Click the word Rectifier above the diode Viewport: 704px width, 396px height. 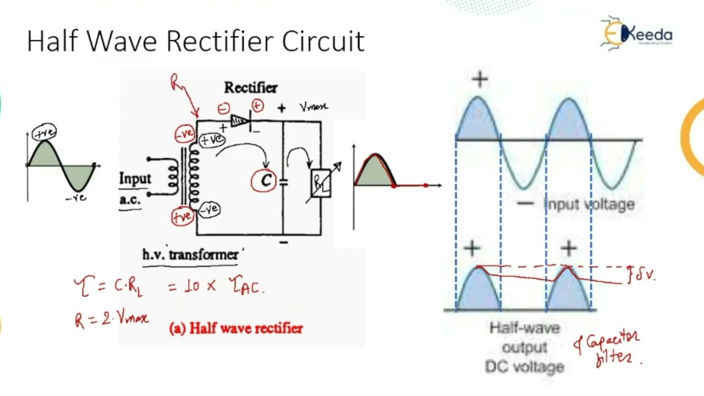[x=251, y=87]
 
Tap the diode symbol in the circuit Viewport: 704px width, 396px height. [x=241, y=120]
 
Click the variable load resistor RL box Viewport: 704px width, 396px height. [x=320, y=184]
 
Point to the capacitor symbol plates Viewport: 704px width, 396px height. [x=284, y=181]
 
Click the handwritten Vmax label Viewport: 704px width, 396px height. [x=313, y=107]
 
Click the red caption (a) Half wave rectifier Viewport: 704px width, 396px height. [x=236, y=328]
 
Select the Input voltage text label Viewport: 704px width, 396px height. [x=588, y=205]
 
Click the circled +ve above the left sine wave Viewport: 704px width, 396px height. [x=44, y=133]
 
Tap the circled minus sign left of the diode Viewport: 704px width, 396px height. [x=223, y=109]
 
